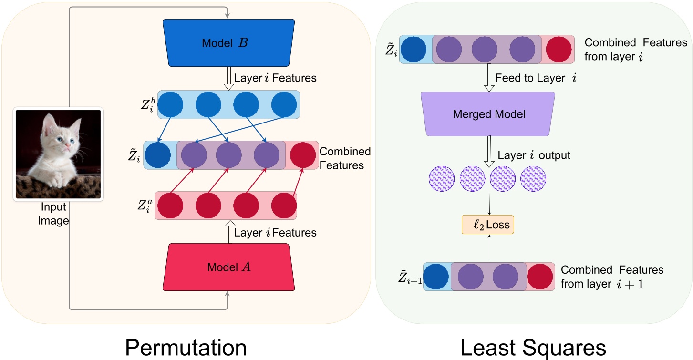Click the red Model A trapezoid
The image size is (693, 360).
(x=228, y=267)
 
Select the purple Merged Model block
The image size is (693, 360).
(x=488, y=114)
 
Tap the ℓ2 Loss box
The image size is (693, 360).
(x=488, y=224)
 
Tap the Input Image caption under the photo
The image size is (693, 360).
(x=53, y=214)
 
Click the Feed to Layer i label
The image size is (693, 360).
(x=536, y=77)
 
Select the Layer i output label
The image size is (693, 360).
(x=534, y=155)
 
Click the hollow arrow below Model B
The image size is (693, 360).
(x=228, y=78)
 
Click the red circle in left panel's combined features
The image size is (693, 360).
(x=302, y=155)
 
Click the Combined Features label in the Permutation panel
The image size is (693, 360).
(x=345, y=158)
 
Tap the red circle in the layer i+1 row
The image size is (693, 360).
(x=540, y=277)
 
